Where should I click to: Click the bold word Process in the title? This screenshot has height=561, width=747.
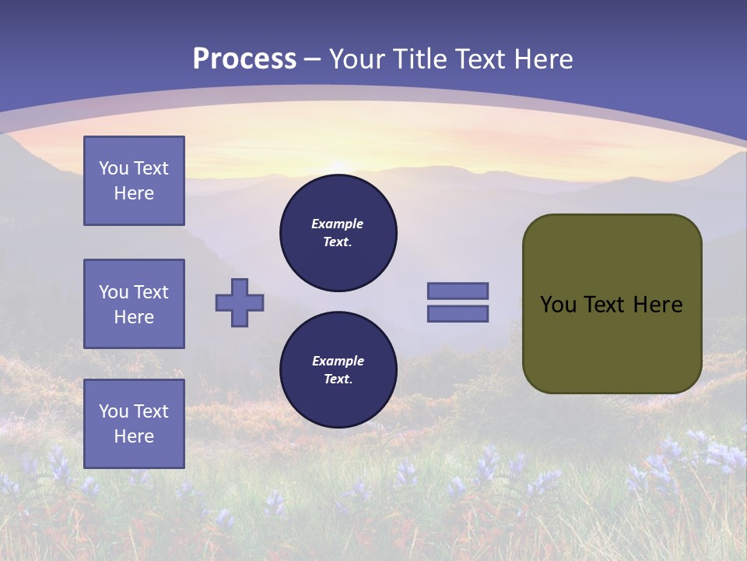click(244, 59)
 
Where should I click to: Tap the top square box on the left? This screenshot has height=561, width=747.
click(134, 181)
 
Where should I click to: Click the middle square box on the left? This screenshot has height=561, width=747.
click(134, 304)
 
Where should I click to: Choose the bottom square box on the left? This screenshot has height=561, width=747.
click(134, 424)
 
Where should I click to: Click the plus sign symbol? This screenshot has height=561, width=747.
click(240, 302)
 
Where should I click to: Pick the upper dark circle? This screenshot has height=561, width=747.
click(338, 233)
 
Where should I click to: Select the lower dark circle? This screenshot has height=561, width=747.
click(338, 370)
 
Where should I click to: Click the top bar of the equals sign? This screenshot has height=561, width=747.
click(458, 291)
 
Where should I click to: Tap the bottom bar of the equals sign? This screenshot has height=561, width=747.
click(458, 314)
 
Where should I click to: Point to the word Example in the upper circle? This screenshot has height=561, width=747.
click(338, 224)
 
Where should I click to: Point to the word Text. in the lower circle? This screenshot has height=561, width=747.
click(338, 379)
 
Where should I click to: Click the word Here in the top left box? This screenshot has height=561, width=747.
click(134, 193)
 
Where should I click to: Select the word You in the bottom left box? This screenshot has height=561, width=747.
click(113, 411)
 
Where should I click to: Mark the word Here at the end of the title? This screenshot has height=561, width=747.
click(544, 59)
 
